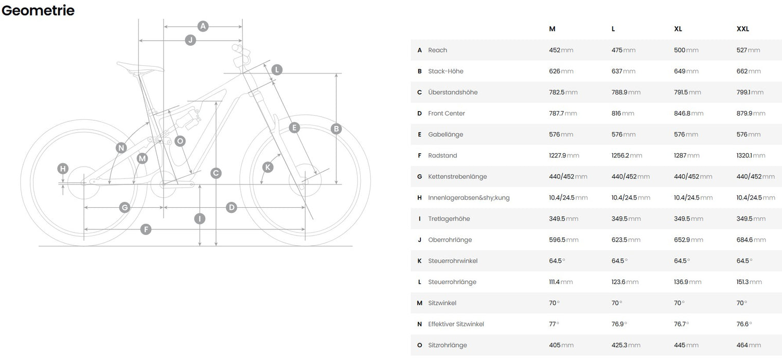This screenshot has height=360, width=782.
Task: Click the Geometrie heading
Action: click(38, 10)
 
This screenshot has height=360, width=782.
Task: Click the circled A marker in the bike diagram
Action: click(203, 26)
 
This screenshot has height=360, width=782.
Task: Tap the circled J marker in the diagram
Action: click(190, 40)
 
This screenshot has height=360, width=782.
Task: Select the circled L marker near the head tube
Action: click(277, 70)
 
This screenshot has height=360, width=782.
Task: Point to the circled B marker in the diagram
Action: click(336, 129)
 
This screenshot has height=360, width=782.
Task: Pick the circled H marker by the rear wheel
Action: click(63, 169)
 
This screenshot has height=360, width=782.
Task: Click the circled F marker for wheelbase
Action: click(146, 229)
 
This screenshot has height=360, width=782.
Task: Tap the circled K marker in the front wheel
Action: click(268, 167)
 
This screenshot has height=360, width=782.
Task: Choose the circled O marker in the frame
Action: click(180, 141)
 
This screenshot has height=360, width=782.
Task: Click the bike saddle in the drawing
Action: click(139, 68)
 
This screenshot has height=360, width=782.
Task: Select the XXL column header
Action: click(742, 29)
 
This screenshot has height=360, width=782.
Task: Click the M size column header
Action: click(552, 29)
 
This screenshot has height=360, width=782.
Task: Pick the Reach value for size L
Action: click(623, 50)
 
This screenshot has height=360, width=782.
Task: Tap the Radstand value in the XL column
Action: click(687, 156)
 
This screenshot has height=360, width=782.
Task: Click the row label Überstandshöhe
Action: click(453, 93)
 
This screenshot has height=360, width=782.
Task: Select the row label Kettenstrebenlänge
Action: click(457, 176)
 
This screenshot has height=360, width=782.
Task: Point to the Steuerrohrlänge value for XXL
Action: click(749, 282)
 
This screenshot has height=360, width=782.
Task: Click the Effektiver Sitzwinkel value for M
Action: click(554, 324)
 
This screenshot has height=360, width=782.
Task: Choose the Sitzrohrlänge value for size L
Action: click(626, 346)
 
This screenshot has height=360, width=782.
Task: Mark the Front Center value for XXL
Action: click(751, 113)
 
